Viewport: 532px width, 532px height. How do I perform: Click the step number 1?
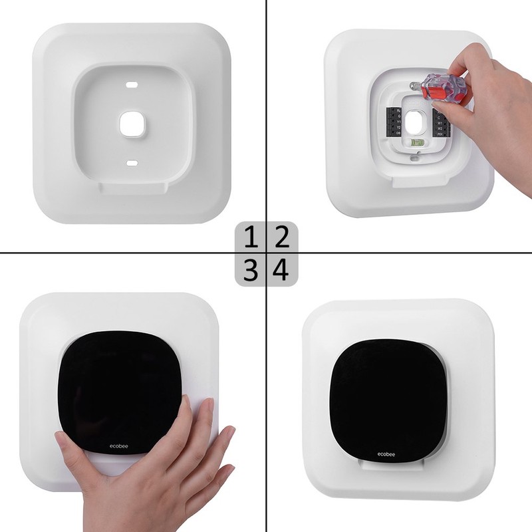pos(251,237)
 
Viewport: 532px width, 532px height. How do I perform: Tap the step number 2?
pos(282,237)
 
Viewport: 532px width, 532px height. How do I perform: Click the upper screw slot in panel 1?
pos(132,86)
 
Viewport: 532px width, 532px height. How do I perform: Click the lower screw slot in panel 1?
pos(132,162)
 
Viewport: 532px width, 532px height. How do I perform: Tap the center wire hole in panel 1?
pos(132,123)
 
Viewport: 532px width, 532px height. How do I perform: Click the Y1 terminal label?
pos(399,122)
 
